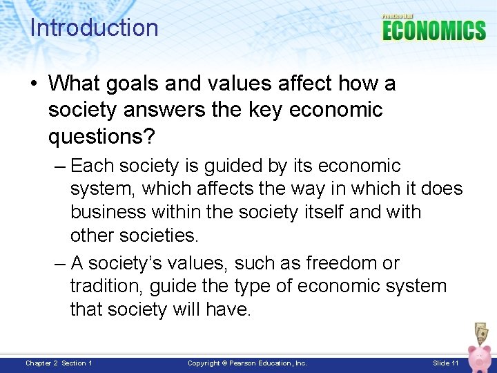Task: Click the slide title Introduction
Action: [94, 28]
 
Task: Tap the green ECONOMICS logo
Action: [433, 30]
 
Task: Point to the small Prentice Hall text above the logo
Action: [398, 16]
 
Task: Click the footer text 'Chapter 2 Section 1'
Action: [59, 363]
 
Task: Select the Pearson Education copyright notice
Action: [248, 363]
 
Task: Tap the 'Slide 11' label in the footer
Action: [445, 363]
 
